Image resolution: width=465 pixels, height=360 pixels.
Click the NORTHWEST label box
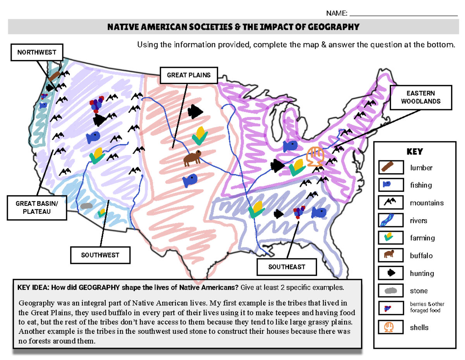(36, 52)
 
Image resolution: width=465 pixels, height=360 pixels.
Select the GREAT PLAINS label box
(189, 75)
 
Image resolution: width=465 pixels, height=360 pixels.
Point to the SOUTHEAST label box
(287, 267)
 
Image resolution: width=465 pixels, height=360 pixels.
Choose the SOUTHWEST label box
(100, 255)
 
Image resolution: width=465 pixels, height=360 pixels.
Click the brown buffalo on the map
(193, 157)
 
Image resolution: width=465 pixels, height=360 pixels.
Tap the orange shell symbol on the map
(315, 156)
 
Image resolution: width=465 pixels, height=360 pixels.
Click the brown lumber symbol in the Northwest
(55, 75)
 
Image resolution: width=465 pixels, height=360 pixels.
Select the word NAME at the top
(336, 14)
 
